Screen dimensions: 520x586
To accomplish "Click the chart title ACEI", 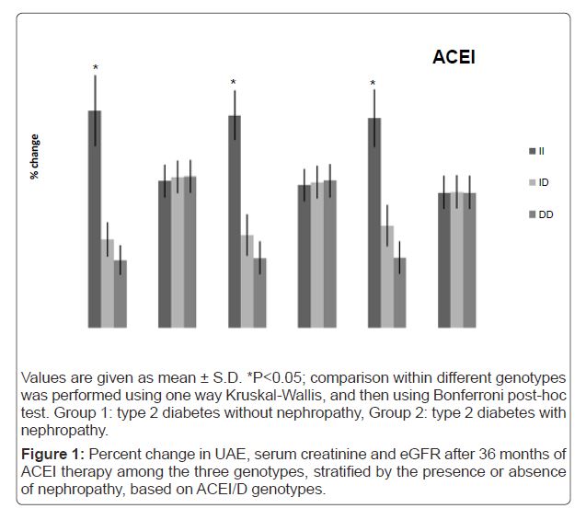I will tap(454, 58).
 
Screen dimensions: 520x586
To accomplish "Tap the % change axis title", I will tap(35, 156).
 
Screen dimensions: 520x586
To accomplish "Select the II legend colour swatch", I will tap(532, 151).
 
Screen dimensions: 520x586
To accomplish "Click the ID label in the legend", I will tap(544, 182).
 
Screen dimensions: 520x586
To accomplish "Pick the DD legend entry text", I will tap(546, 214).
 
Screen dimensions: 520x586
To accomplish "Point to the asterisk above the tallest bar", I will tap(95, 67).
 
